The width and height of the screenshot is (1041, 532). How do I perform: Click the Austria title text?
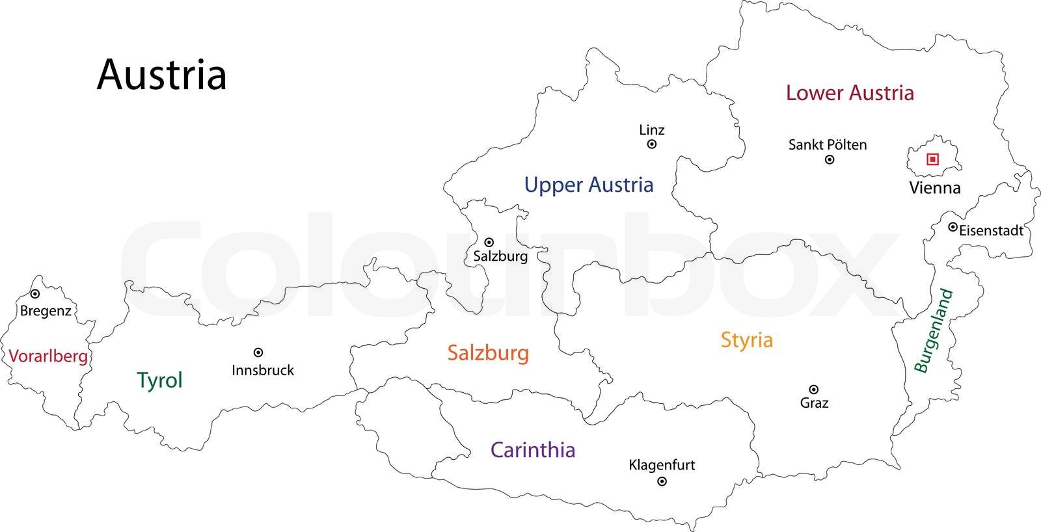pyautogui.click(x=161, y=75)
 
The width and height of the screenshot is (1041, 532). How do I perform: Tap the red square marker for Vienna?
pyautogui.click(x=932, y=159)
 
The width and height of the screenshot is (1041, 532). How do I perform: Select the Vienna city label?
pyautogui.click(x=934, y=188)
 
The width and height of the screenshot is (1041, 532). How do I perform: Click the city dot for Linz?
pyautogui.click(x=652, y=144)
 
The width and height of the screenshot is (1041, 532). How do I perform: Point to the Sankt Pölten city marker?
pyautogui.click(x=830, y=160)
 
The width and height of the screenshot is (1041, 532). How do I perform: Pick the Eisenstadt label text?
pyautogui.click(x=991, y=230)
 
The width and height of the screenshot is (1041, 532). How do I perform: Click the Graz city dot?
pyautogui.click(x=813, y=390)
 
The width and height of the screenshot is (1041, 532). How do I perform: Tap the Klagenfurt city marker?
pyautogui.click(x=662, y=482)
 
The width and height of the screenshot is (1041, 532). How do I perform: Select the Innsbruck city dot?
pyautogui.click(x=258, y=352)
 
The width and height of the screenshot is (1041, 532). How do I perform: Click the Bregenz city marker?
pyautogui.click(x=35, y=295)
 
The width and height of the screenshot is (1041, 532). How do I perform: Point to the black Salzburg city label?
pyautogui.click(x=500, y=256)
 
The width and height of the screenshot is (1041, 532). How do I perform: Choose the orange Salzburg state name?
pyautogui.click(x=488, y=353)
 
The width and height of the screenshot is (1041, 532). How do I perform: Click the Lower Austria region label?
pyautogui.click(x=850, y=93)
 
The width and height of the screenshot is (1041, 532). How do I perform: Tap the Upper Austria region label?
pyautogui.click(x=589, y=185)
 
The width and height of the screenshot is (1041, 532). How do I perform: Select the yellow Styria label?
pyautogui.click(x=747, y=340)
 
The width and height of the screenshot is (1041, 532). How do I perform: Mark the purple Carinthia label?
pyautogui.click(x=533, y=450)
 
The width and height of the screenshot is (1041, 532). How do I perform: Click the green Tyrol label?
pyautogui.click(x=159, y=380)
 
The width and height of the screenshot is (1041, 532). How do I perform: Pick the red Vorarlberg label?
pyautogui.click(x=48, y=356)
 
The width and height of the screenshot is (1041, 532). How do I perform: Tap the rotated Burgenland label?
pyautogui.click(x=934, y=331)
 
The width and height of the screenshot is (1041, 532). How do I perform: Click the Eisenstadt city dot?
pyautogui.click(x=953, y=227)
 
